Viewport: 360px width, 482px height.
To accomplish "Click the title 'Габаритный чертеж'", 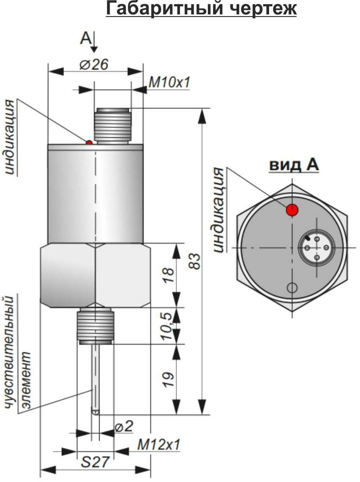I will pyautogui.click(x=201, y=8).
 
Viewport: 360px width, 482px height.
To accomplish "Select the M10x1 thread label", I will pyautogui.click(x=169, y=83).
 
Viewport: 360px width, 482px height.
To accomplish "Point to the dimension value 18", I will pyautogui.click(x=168, y=275).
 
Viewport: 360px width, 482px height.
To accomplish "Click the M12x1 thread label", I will pyautogui.click(x=159, y=445).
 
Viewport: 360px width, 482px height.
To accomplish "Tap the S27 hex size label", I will pyautogui.click(x=95, y=462).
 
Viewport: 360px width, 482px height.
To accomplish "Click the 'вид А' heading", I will pyautogui.click(x=294, y=165).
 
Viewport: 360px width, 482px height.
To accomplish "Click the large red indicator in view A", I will pyautogui.click(x=292, y=209).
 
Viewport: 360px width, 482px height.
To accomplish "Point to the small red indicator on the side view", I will pyautogui.click(x=89, y=142).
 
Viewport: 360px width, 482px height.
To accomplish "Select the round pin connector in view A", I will pyautogui.click(x=317, y=248).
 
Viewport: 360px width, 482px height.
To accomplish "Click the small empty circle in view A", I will pyautogui.click(x=292, y=288).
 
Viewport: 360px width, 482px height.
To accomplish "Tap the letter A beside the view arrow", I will pyautogui.click(x=85, y=39).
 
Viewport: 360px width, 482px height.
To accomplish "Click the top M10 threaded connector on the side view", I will pyautogui.click(x=112, y=125).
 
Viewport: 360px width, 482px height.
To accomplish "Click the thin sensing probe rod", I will pyautogui.click(x=96, y=377).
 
